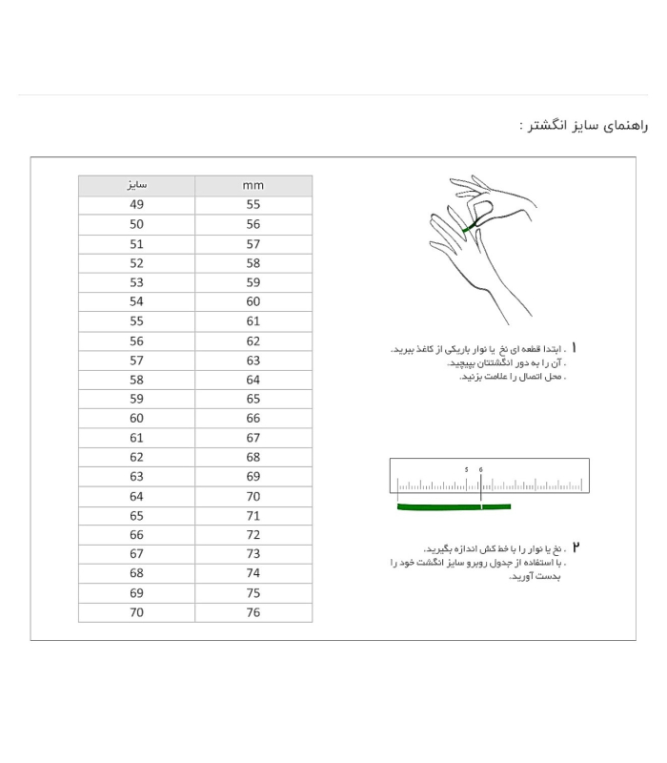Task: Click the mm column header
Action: (x=253, y=185)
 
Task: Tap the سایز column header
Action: (x=136, y=185)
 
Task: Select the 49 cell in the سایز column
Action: (x=136, y=205)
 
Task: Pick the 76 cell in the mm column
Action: (x=253, y=612)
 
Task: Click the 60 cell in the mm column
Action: (x=253, y=302)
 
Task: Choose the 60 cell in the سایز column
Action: (x=136, y=419)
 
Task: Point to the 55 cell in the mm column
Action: (x=253, y=205)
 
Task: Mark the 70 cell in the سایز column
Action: (x=136, y=612)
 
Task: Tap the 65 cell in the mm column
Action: (x=253, y=400)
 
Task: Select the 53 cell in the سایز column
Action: (x=136, y=283)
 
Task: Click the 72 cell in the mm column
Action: (x=253, y=535)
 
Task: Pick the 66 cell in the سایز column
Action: (x=136, y=535)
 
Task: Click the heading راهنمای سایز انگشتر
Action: (x=583, y=126)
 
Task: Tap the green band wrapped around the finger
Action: (x=470, y=227)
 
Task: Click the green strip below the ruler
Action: (x=454, y=507)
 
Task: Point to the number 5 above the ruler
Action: (x=466, y=470)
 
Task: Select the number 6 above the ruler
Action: (x=481, y=470)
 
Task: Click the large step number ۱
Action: (x=575, y=349)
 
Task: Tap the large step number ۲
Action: (x=576, y=548)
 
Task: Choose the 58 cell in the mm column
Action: (x=253, y=263)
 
